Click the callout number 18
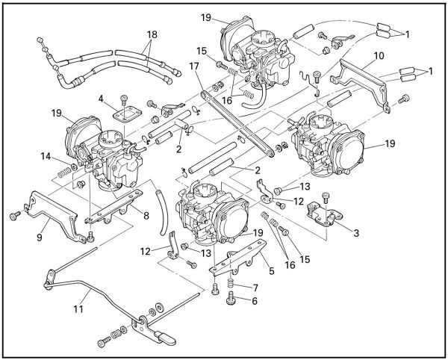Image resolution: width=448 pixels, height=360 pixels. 152,34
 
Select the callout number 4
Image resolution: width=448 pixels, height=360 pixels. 99,98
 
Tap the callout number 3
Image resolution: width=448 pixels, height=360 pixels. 357,233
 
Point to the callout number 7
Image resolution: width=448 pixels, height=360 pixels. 255,287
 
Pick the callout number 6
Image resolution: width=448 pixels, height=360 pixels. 255,301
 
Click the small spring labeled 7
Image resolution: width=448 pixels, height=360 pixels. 231,288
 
